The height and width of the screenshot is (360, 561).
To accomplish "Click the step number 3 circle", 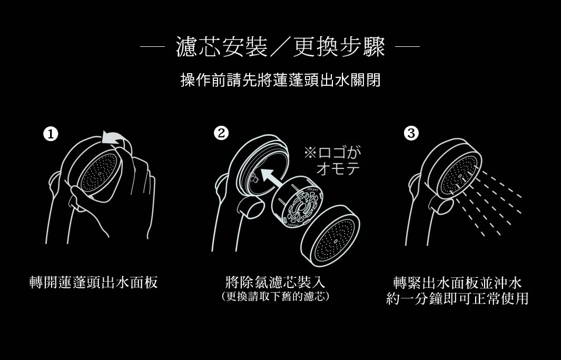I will (411, 134).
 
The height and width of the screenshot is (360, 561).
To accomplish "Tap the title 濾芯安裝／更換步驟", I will (280, 48).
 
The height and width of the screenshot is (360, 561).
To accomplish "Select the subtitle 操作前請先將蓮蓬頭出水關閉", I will (280, 81).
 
